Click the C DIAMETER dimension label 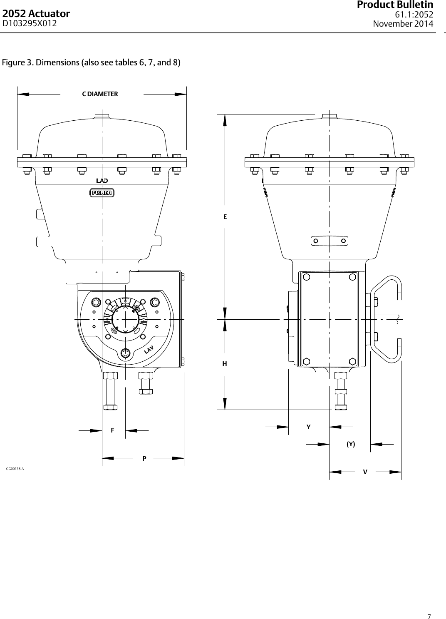100,94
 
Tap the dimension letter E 225,217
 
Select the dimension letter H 225,364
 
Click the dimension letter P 144,458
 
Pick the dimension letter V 365,472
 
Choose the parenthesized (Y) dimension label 351,444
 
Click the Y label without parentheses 308,427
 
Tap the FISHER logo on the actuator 102,193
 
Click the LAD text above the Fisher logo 102,181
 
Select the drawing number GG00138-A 15,469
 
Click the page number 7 430,604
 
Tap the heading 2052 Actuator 36,14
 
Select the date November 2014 403,24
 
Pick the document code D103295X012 30,24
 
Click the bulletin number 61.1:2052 414,15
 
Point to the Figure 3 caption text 92,63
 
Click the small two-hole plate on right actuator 330,241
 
